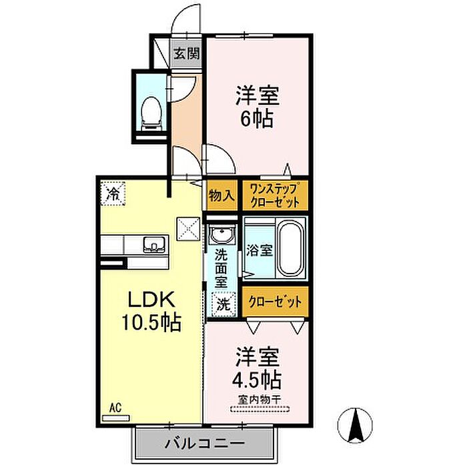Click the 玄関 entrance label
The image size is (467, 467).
187,53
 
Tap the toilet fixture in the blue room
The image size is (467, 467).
151,113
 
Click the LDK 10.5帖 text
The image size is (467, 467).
151,311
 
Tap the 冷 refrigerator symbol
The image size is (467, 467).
113,194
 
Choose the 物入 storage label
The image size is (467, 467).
221,195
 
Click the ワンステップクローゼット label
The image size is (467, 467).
275,195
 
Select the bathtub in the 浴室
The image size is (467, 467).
291,247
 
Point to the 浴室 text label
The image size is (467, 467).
260,250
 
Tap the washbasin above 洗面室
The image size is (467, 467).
221,233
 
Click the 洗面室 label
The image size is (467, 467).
221,268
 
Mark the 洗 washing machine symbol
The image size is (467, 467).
223,305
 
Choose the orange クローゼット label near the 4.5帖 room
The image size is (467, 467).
275,302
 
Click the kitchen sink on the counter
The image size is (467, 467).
154,245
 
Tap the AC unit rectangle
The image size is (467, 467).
116,418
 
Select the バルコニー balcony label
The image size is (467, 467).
205,443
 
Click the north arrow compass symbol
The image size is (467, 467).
355,425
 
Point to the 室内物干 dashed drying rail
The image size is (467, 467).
260,410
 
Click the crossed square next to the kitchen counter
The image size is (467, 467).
188,229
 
